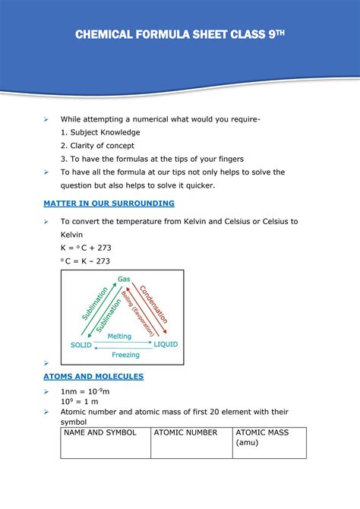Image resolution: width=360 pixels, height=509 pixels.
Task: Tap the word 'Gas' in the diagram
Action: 124,280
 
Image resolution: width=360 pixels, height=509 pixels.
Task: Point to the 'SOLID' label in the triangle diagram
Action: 81,345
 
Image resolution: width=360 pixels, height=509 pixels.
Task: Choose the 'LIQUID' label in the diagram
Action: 166,344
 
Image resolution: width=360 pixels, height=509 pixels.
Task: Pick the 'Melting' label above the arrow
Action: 119,336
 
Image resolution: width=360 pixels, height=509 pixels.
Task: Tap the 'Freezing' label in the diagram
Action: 125,355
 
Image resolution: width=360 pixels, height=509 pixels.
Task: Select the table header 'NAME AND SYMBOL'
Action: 99,432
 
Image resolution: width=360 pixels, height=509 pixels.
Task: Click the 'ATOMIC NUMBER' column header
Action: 185,432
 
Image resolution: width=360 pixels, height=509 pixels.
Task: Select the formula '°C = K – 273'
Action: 85,261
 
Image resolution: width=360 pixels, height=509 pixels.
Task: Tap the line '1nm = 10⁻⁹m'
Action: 87,390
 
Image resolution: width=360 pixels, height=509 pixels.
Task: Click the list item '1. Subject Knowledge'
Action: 101,132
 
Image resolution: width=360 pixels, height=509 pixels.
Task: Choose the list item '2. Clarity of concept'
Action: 98,145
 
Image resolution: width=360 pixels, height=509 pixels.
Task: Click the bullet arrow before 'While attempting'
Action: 46,120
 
